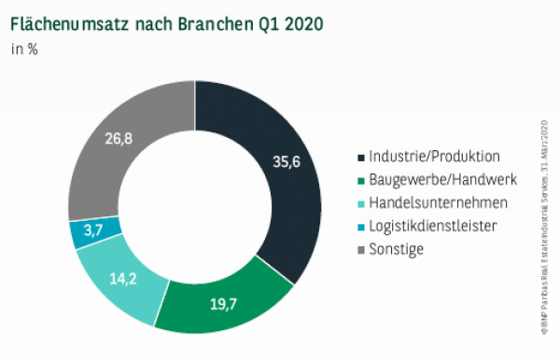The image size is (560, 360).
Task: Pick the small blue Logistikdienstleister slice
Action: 85,232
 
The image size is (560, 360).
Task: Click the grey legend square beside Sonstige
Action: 360,248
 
